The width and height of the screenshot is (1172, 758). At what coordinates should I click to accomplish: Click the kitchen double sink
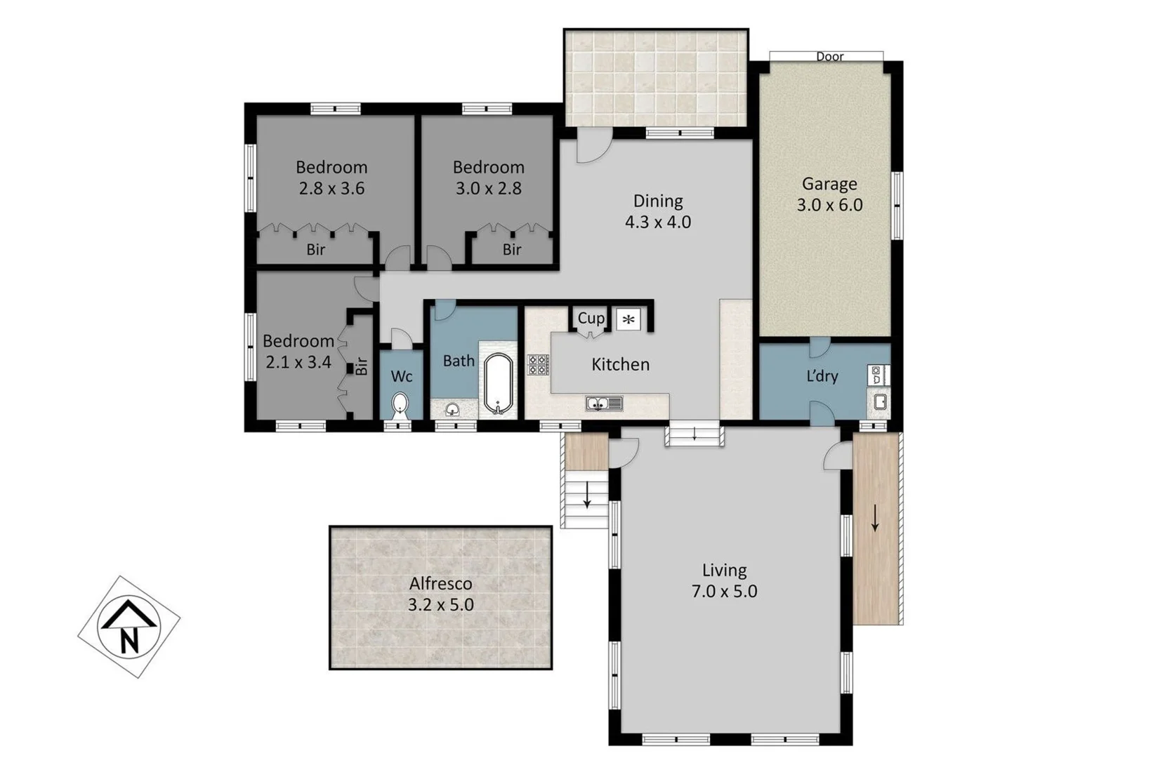point(604,404)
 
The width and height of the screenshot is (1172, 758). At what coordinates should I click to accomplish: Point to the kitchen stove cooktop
point(539,364)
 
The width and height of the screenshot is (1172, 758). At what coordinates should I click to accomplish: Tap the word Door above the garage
point(829,57)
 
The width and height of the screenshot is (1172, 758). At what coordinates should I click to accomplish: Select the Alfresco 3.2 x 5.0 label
point(440,594)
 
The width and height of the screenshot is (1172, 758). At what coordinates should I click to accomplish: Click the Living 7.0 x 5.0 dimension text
point(724,591)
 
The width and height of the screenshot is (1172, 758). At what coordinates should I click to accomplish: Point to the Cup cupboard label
point(591,318)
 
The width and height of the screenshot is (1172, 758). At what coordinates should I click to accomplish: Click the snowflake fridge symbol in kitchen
point(628,319)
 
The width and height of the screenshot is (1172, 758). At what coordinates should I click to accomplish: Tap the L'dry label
point(822,376)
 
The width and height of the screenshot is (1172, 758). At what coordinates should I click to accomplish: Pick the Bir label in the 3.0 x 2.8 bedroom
point(512,249)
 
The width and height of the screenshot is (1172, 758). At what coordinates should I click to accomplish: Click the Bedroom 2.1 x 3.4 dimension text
point(298,362)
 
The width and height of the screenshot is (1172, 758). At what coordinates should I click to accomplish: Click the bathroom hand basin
point(452,408)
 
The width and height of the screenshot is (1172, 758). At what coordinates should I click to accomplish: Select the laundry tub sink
point(879,402)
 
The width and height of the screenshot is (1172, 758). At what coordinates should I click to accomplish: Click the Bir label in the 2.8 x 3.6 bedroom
point(315,249)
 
